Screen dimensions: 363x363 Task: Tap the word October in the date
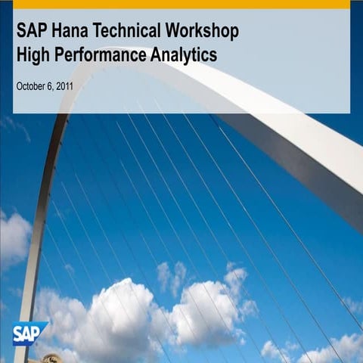(x=32, y=86)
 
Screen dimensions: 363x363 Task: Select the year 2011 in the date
(x=64, y=86)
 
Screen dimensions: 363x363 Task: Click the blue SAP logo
(x=29, y=333)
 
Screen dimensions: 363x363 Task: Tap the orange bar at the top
(x=181, y=4)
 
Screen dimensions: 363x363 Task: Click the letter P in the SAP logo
(x=37, y=331)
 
